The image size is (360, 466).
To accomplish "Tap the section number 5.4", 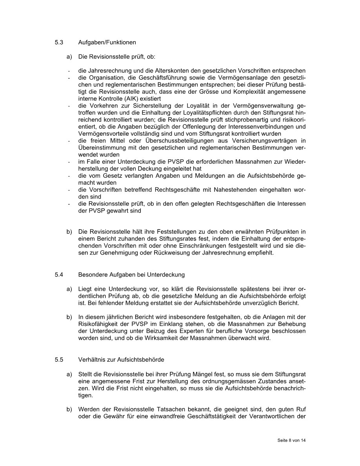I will tap(59, 275).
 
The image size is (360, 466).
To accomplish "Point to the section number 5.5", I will tap(59, 359).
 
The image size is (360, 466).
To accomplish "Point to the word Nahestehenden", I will tap(233, 190).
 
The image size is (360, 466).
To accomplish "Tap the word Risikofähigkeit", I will tap(96, 324).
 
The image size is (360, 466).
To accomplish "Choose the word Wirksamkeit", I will tap(181, 338).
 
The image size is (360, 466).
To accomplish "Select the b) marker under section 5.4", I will tap(69, 317).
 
